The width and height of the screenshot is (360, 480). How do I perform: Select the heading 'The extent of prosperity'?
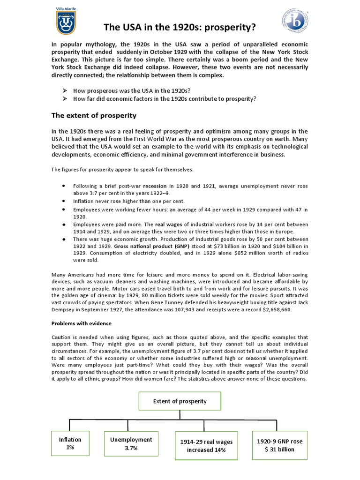[93, 115]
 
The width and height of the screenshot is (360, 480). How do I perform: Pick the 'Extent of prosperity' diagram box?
[180, 401]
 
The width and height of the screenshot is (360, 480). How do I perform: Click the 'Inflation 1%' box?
[70, 443]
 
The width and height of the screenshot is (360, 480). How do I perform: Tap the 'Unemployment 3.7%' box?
[131, 443]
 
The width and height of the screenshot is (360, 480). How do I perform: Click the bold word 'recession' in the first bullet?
[155, 186]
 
